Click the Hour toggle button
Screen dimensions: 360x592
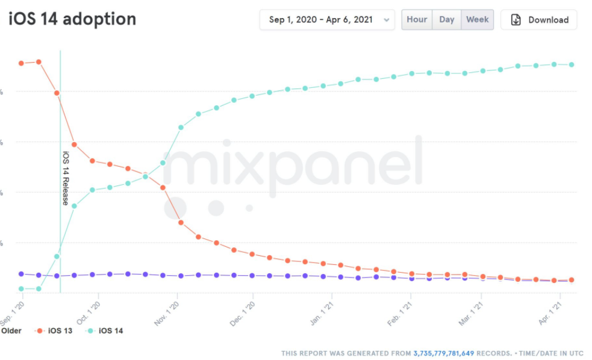(417, 19)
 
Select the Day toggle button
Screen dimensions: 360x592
(447, 19)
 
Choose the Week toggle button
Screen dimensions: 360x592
(478, 19)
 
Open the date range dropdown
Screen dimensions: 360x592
(328, 20)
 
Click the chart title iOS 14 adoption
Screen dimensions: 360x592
(72, 19)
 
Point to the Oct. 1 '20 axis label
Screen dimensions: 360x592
(87, 312)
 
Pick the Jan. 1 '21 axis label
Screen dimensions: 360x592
(321, 312)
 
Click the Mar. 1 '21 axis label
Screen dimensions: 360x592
(470, 312)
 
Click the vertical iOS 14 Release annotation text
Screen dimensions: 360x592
(66, 178)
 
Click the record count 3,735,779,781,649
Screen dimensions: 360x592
(444, 353)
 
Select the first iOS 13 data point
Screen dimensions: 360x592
(21, 63)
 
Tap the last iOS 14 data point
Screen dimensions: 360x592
(572, 64)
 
